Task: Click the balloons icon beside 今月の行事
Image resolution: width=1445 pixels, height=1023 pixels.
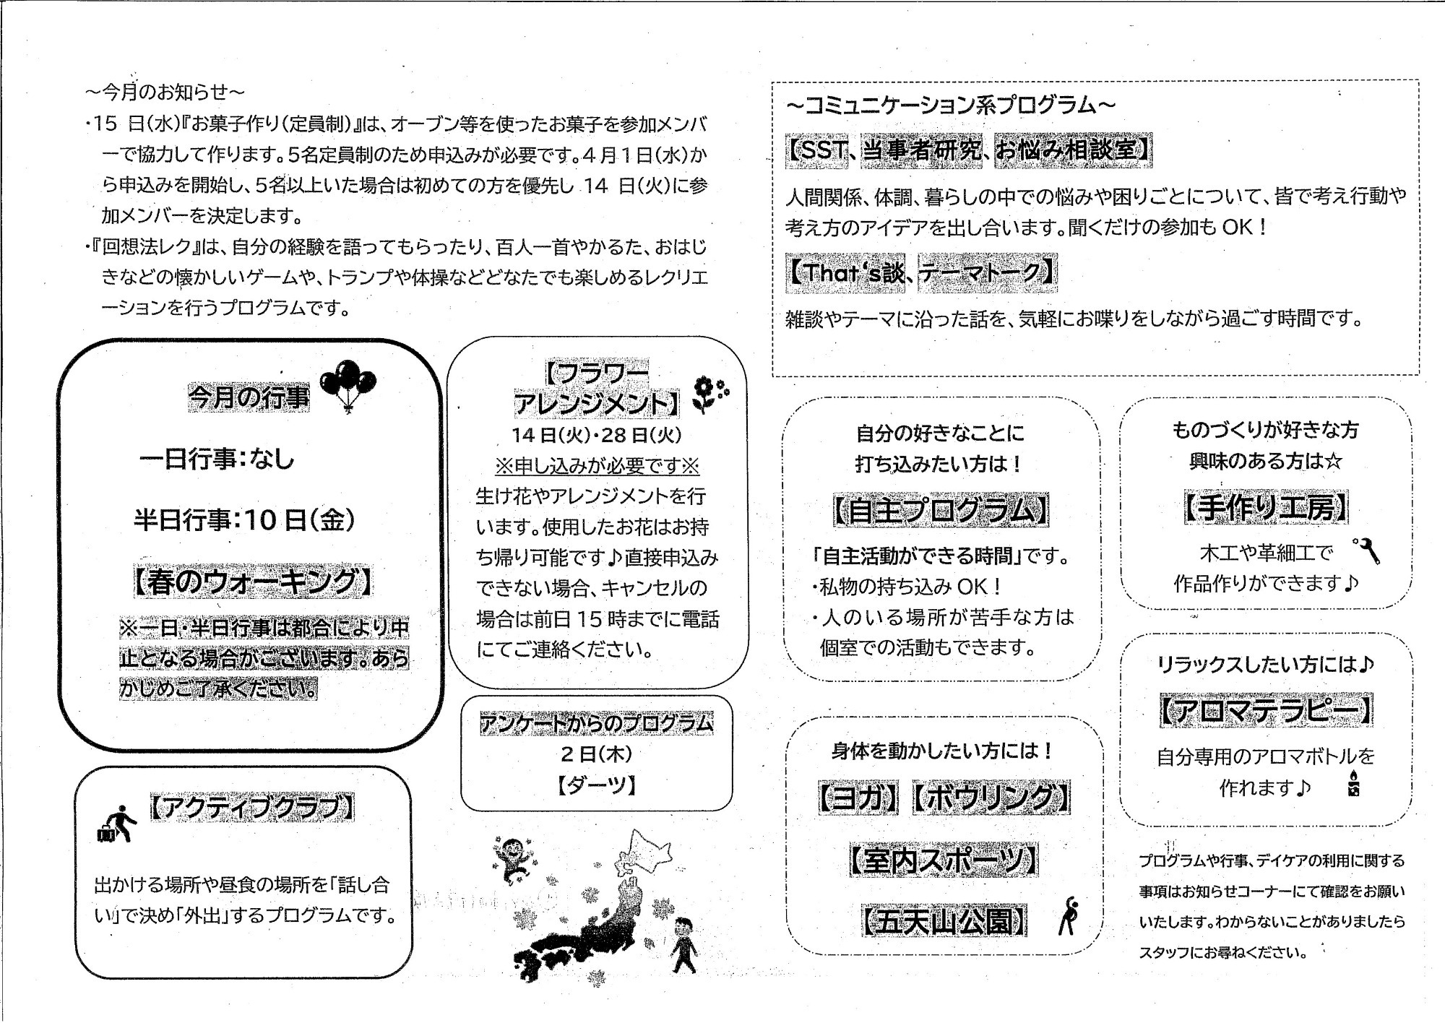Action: [x=348, y=385]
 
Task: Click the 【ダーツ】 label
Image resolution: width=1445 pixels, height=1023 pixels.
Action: [x=596, y=785]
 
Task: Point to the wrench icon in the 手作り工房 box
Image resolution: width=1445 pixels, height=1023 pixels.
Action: [x=1366, y=551]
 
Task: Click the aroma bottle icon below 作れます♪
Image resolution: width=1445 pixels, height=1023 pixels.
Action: [x=1353, y=785]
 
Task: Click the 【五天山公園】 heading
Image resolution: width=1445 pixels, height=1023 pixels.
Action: [x=943, y=921]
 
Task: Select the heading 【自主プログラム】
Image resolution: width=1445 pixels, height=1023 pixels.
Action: [x=941, y=511]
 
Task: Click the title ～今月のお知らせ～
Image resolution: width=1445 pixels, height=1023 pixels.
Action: [x=165, y=92]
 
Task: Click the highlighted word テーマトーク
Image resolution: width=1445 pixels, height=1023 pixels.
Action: [x=987, y=272]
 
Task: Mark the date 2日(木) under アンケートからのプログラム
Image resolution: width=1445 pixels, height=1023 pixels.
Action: [x=596, y=754]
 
